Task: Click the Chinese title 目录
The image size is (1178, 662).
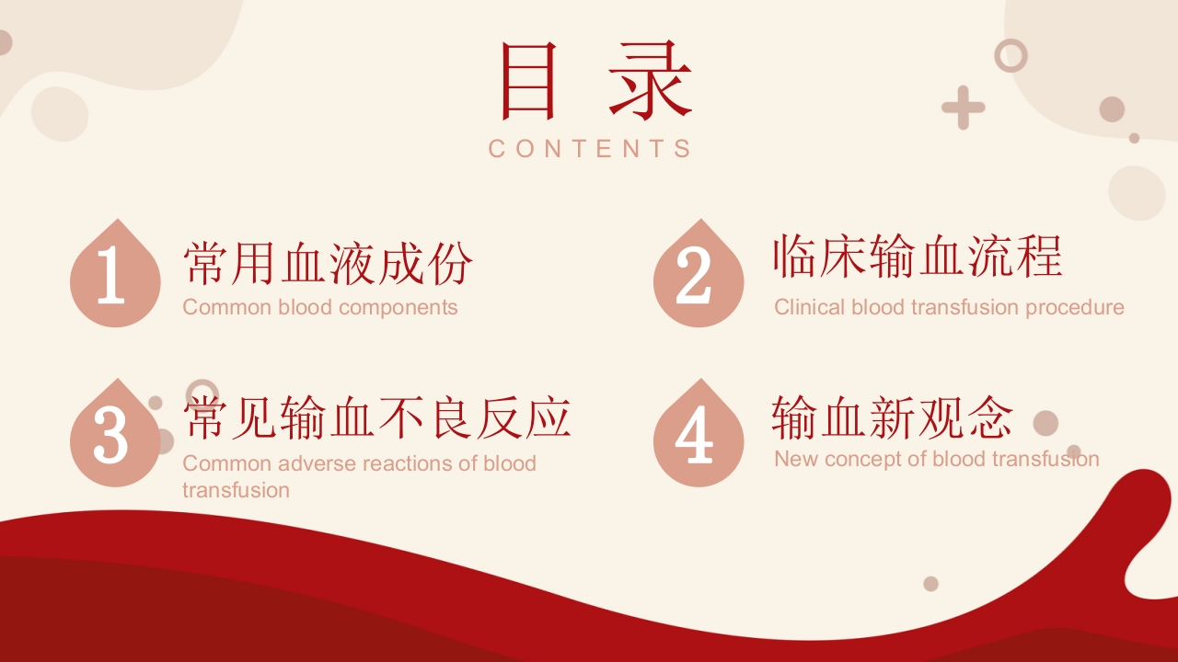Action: [596, 80]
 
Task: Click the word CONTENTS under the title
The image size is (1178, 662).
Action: [590, 149]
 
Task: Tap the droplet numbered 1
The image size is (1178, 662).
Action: [115, 273]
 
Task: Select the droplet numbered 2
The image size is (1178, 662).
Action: [699, 273]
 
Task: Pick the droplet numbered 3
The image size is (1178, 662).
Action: [115, 433]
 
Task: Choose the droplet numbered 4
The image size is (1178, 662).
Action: [699, 433]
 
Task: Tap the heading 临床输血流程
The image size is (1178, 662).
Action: [918, 256]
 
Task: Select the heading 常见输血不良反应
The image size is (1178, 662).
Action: [377, 417]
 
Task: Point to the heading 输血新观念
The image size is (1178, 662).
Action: [893, 417]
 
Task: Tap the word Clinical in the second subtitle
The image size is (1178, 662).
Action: [810, 307]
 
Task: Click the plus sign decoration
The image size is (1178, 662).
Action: [963, 108]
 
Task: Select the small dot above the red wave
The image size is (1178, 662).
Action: [930, 584]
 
